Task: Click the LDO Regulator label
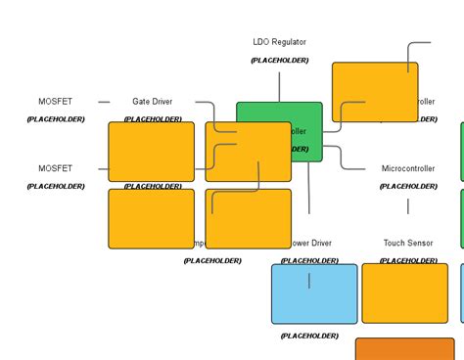[279, 42]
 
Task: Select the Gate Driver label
[152, 102]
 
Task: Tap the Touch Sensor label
[407, 243]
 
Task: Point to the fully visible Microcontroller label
[407, 168]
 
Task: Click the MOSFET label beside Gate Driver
[55, 102]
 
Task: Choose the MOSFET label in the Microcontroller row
[55, 168]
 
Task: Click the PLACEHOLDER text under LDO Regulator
[279, 61]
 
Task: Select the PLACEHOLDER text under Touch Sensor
[407, 260]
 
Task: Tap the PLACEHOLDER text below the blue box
[309, 336]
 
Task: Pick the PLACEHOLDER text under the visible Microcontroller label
[407, 186]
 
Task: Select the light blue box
[314, 293]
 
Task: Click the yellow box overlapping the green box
[248, 152]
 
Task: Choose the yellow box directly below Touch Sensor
[404, 293]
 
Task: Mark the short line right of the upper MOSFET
[104, 102]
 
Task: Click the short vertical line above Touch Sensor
[408, 206]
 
